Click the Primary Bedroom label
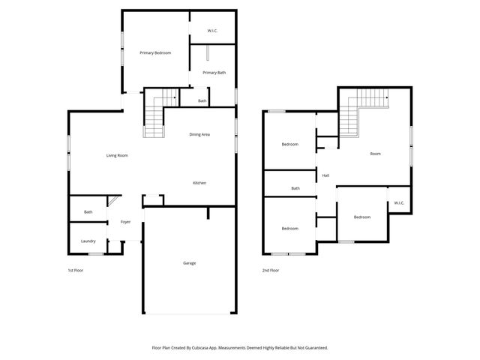click(155, 52)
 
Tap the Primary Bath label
click(214, 73)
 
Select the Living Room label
click(116, 155)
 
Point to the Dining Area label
click(199, 134)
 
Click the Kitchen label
click(199, 183)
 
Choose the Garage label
click(190, 262)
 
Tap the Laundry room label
click(88, 241)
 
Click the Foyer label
click(125, 222)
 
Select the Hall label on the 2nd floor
click(325, 175)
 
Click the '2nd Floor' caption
click(271, 270)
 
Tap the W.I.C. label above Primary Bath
click(213, 31)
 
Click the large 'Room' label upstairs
click(375, 154)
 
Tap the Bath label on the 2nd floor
click(295, 188)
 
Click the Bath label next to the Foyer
click(88, 212)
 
